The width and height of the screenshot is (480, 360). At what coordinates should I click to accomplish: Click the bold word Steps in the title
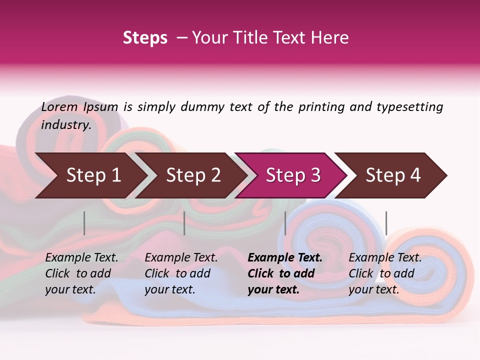click(145, 38)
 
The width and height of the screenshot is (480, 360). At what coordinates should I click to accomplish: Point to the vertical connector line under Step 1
click(84, 223)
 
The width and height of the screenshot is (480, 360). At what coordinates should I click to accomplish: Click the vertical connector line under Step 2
click(184, 223)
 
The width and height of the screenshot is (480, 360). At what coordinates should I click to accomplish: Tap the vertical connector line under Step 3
click(285, 223)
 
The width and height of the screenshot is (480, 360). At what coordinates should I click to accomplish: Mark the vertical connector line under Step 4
click(386, 223)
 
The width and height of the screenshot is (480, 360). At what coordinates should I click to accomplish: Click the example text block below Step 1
click(81, 273)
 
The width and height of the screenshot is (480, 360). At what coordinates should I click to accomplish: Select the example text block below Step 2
click(181, 273)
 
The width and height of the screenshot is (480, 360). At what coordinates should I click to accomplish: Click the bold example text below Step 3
click(285, 273)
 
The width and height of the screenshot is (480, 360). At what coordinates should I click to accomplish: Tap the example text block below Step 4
click(385, 273)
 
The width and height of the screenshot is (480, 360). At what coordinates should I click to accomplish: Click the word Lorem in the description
click(59, 106)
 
